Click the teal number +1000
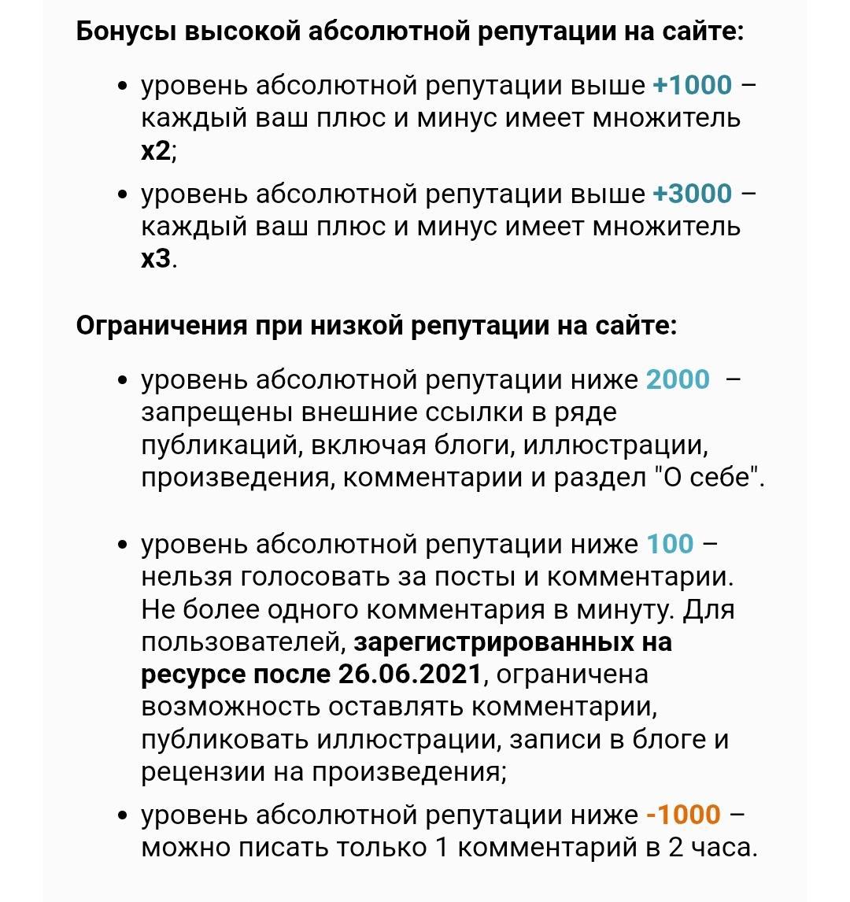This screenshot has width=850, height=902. tap(693, 85)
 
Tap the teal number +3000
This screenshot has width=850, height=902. tap(693, 194)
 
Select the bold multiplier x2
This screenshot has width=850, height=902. tap(156, 151)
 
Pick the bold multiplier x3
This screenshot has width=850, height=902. tap(156, 259)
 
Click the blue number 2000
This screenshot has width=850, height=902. tap(678, 380)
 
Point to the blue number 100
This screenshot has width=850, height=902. tap(670, 544)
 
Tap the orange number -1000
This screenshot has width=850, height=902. tap(683, 815)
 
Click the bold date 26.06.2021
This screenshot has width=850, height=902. tap(409, 675)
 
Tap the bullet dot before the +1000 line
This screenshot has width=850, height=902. tap(122, 86)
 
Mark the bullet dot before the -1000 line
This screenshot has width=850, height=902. tap(122, 815)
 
